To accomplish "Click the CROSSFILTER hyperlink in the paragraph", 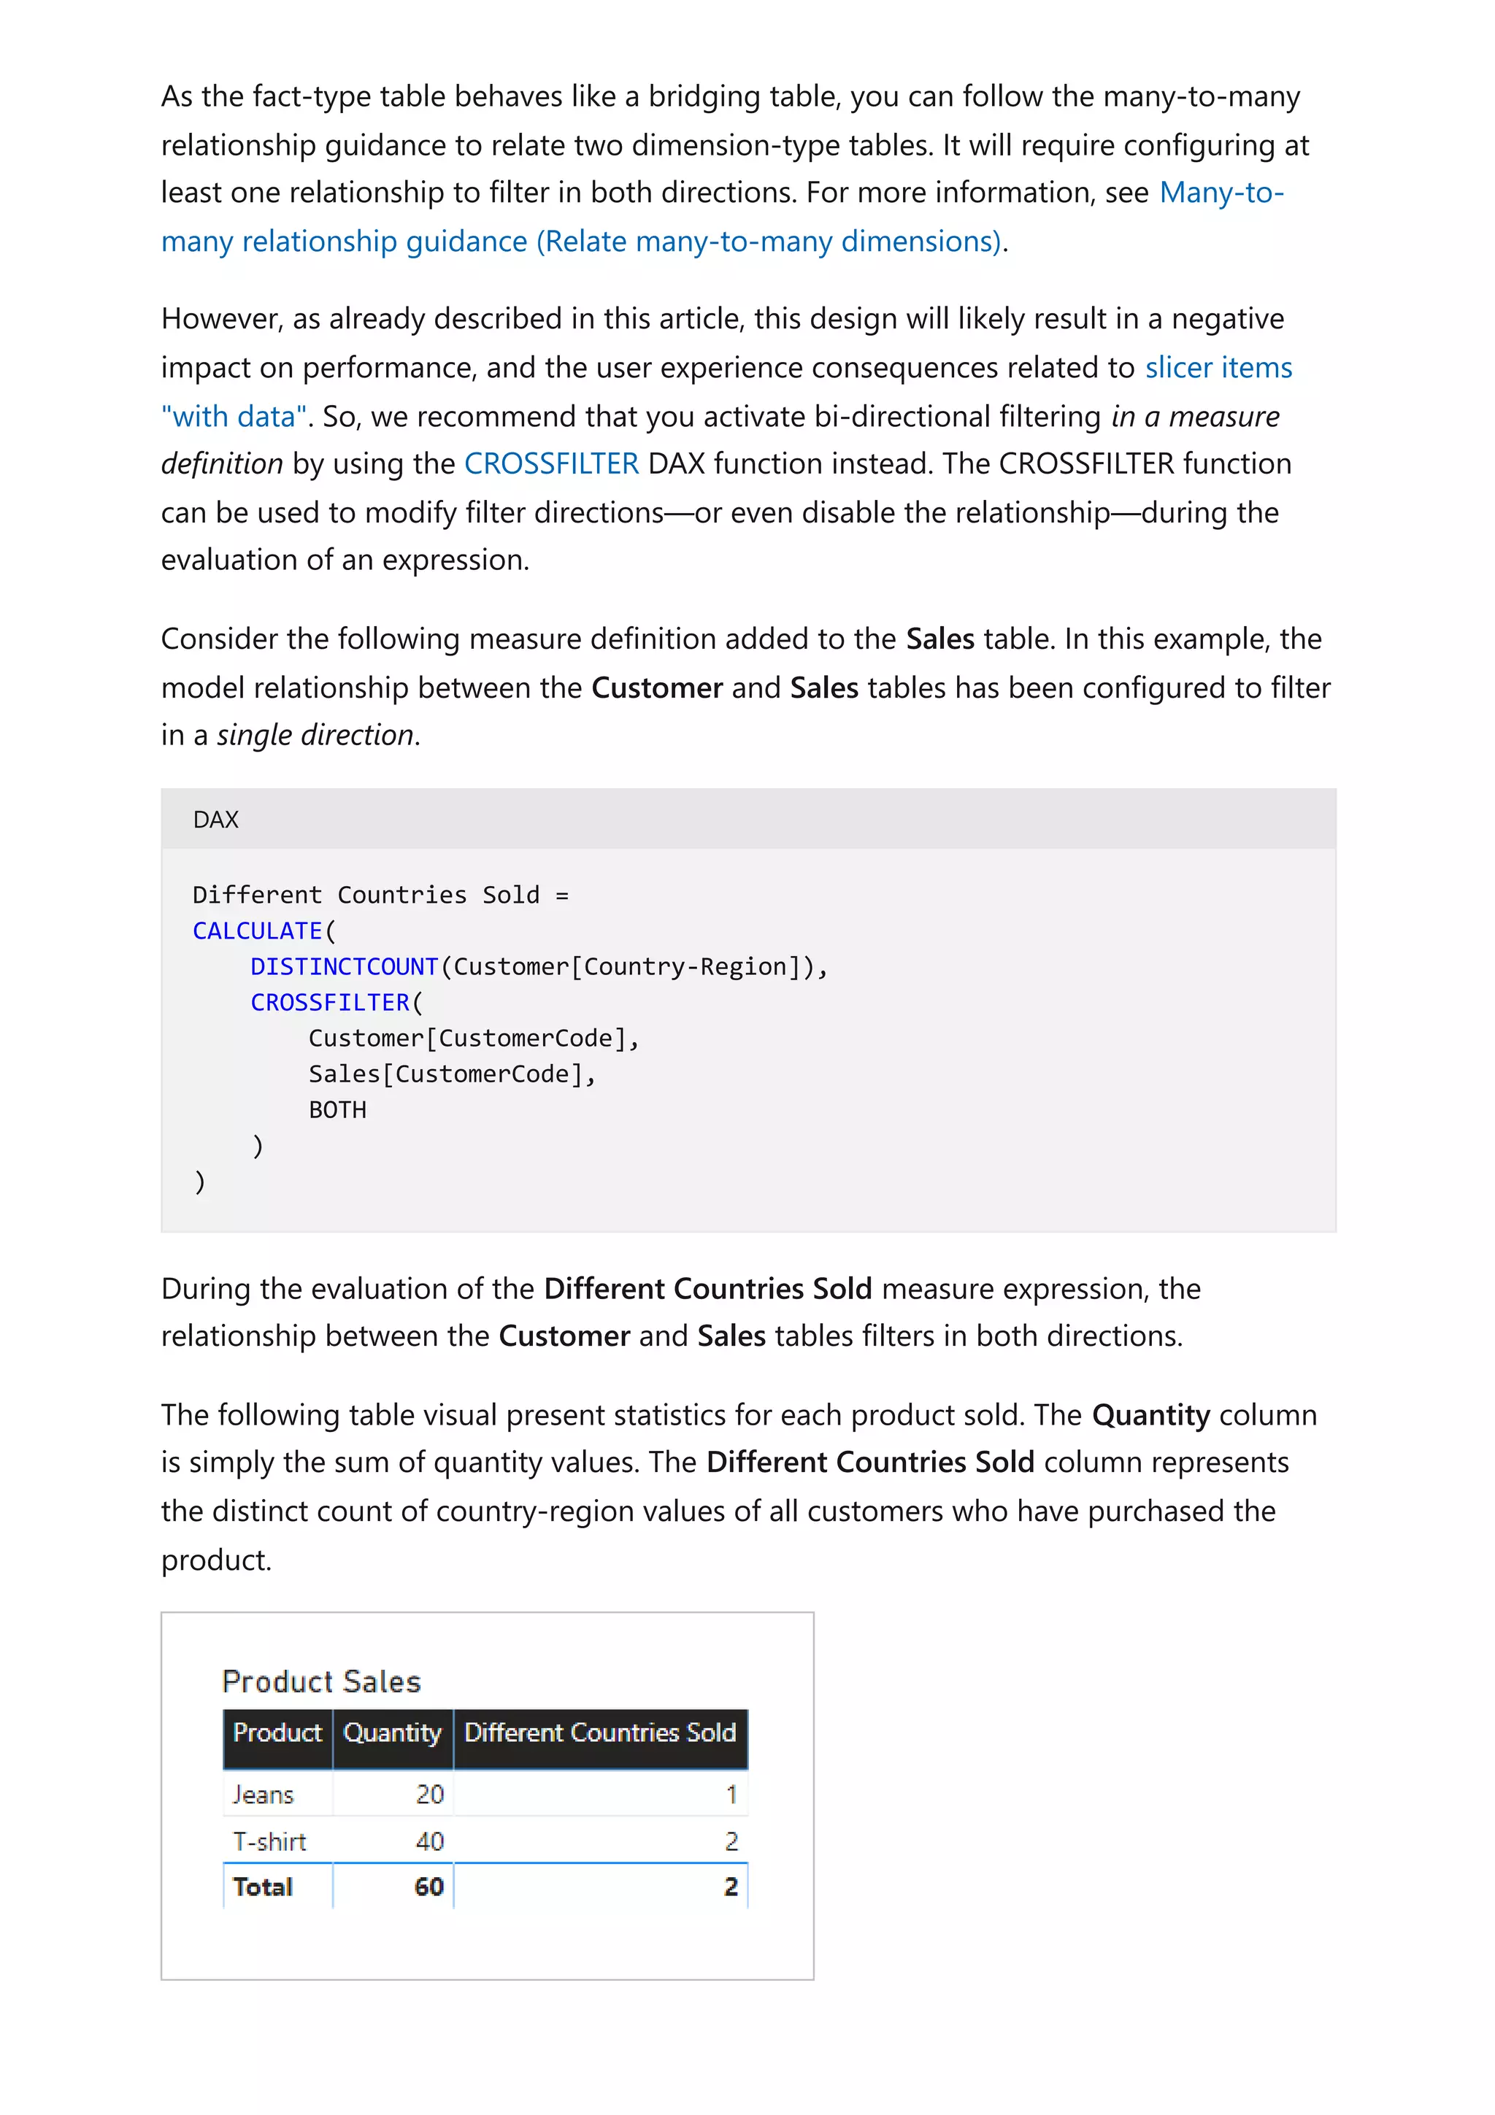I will (551, 463).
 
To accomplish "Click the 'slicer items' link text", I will (1218, 368).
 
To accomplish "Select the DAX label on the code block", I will (215, 819).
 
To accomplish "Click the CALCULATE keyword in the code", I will (257, 931).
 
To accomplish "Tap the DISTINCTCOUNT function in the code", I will (344, 966).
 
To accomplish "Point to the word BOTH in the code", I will (337, 1110).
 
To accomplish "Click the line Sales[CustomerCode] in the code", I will (451, 1074).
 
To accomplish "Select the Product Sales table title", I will (320, 1681).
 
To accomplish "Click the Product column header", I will (277, 1733).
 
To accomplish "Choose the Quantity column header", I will (393, 1733).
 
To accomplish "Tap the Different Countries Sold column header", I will (599, 1733).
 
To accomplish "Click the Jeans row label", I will (264, 1795).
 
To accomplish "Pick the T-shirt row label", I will (269, 1841).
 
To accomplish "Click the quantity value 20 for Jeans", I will (429, 1795).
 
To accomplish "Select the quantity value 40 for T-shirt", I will (429, 1841).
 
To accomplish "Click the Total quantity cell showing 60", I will (428, 1887).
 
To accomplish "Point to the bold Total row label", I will (263, 1887).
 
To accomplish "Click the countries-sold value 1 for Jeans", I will (731, 1795).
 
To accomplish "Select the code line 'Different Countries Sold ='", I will (380, 895).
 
